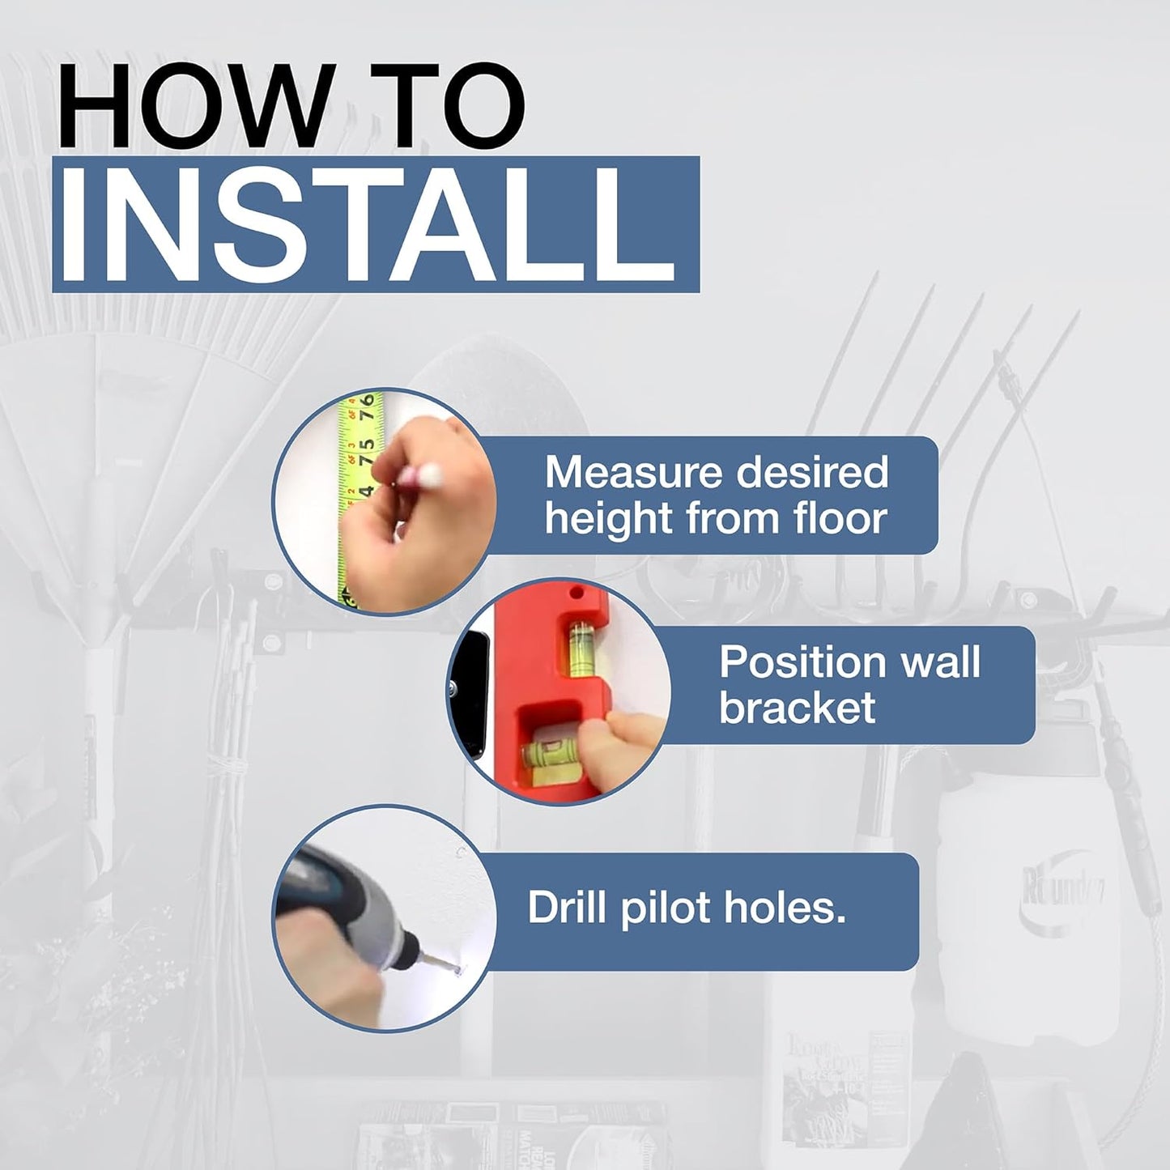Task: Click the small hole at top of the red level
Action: tap(576, 589)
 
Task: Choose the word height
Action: tap(608, 520)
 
